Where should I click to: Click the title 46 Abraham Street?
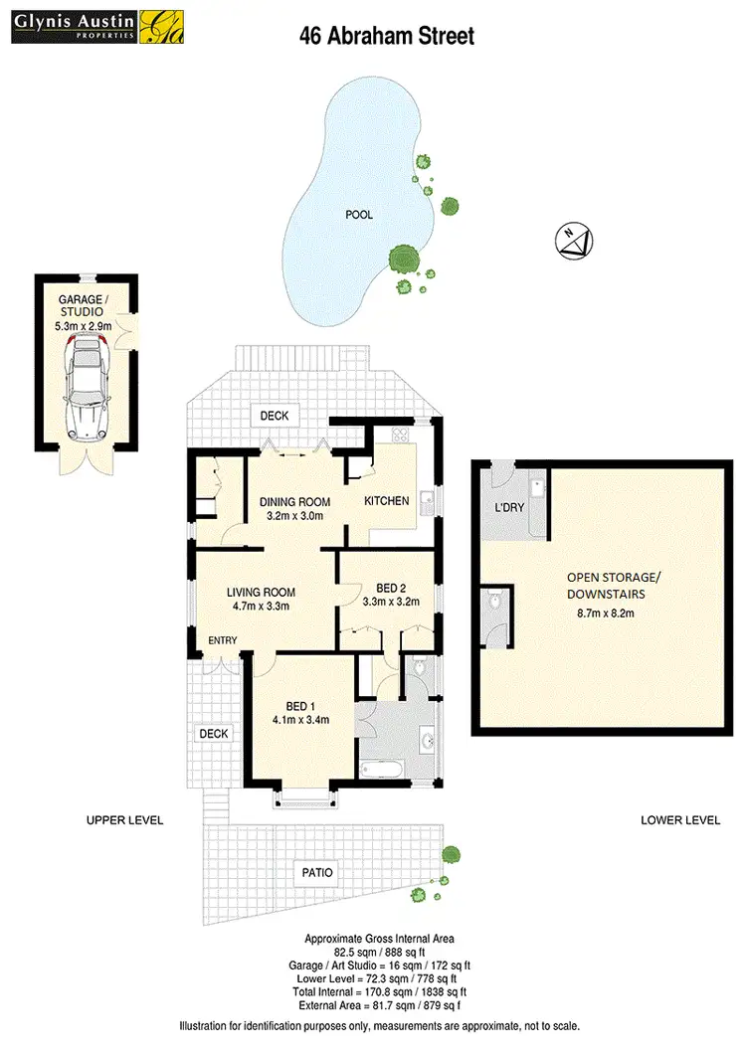coord(387,37)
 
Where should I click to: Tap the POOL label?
coord(359,215)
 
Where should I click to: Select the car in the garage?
coord(88,385)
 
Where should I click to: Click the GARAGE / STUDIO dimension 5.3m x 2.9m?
coord(84,325)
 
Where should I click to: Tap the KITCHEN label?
coord(387,501)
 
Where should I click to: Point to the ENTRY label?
coord(222,640)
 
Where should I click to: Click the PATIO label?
coord(317,873)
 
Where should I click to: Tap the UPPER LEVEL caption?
coord(124,820)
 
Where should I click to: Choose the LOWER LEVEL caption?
coord(680,820)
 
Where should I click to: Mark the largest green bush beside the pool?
coord(403,260)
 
